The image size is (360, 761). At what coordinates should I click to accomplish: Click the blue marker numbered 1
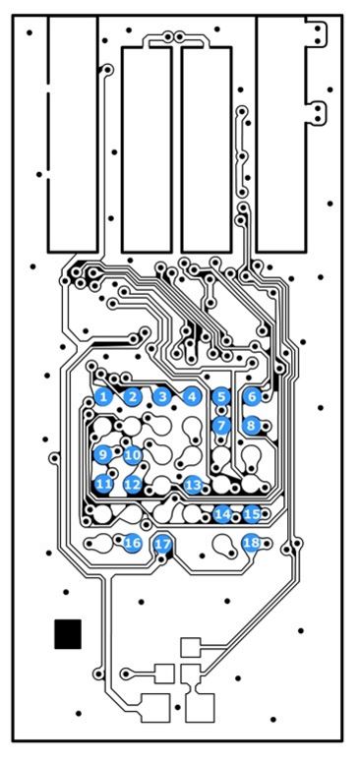(x=102, y=397)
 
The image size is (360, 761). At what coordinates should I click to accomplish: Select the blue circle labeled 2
(x=132, y=397)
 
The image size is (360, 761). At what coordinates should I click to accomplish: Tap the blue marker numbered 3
(x=162, y=396)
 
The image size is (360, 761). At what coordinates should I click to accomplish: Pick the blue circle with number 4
(x=192, y=396)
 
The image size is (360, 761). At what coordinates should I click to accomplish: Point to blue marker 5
(x=221, y=396)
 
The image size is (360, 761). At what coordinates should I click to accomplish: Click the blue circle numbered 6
(x=252, y=396)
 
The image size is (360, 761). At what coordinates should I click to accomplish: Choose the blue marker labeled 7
(x=221, y=426)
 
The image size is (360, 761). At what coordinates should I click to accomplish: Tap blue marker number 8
(x=251, y=426)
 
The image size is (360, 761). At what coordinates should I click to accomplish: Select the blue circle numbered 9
(x=102, y=455)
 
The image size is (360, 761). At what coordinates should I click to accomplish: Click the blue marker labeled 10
(x=132, y=455)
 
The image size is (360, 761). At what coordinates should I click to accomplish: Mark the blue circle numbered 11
(x=103, y=484)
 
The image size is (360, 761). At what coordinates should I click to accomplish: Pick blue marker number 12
(x=132, y=484)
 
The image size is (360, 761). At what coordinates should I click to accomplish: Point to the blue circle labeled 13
(x=193, y=485)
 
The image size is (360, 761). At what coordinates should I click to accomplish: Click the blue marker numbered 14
(x=222, y=514)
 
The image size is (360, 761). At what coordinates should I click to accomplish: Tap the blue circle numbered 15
(x=252, y=513)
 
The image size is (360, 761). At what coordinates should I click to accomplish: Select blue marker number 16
(x=132, y=543)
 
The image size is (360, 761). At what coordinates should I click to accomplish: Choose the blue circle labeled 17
(x=163, y=544)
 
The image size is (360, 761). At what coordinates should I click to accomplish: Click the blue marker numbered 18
(x=251, y=543)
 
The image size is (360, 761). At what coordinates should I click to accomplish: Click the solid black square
(x=68, y=634)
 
